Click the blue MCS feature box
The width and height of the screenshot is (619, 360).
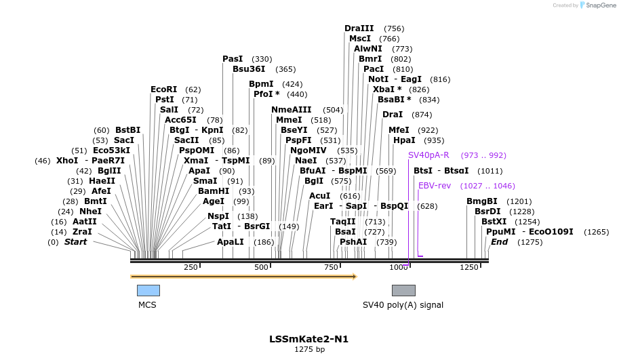tap(148, 290)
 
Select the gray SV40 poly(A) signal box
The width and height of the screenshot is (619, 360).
tap(403, 290)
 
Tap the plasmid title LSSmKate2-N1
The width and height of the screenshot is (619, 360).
tap(308, 339)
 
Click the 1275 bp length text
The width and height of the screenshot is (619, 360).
tap(309, 350)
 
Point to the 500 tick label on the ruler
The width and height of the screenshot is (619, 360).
tap(262, 268)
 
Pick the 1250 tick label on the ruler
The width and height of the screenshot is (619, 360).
tap(469, 268)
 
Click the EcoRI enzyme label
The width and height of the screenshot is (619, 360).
tap(163, 89)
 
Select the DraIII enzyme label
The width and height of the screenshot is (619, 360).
tap(359, 28)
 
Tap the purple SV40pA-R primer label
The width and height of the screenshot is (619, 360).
tap(428, 155)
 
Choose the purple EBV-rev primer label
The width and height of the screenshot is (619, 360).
tap(435, 186)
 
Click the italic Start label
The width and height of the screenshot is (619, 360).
tap(75, 242)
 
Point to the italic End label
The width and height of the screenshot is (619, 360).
tap(499, 242)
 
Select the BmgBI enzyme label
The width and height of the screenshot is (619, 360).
tap(481, 201)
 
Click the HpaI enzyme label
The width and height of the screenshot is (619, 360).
tap(404, 140)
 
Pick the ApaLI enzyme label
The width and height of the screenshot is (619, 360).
tap(231, 242)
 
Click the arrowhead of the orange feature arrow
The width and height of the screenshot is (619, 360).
tap(353, 277)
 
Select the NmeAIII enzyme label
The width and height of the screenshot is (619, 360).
tap(291, 110)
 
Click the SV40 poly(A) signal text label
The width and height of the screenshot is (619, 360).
tap(403, 305)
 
